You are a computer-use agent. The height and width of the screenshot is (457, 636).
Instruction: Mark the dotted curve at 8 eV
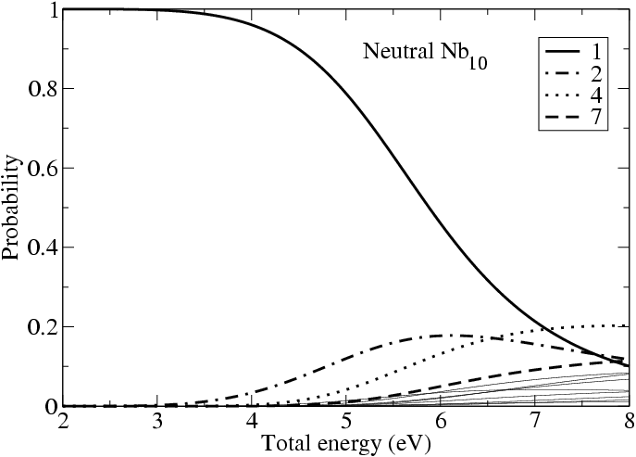click(627, 326)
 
